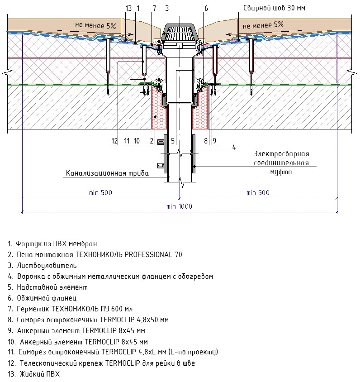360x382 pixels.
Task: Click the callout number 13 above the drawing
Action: (128, 9)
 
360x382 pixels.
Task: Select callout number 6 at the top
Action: (207, 9)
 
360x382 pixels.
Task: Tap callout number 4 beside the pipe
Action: (234, 147)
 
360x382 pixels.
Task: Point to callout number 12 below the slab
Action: (114, 141)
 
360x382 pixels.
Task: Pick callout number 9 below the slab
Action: (214, 141)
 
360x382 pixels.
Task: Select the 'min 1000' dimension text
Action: (179, 206)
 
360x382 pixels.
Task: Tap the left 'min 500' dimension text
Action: (100, 193)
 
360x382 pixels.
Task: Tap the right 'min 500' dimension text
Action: (258, 193)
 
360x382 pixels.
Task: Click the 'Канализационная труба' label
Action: (107, 173)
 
